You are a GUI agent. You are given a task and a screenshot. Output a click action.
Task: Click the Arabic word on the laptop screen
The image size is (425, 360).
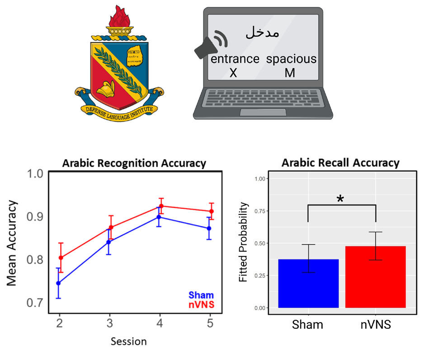coord(262,32)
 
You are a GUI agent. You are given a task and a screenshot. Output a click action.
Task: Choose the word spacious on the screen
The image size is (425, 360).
coord(291,59)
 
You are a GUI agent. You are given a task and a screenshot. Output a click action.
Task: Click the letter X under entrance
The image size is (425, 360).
coord(233,73)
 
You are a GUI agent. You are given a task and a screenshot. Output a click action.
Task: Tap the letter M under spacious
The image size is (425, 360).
coord(290,73)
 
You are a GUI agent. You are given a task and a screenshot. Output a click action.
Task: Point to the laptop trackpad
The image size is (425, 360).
coord(262,112)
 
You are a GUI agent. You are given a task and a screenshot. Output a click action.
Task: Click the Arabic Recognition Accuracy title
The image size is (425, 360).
coord(134,163)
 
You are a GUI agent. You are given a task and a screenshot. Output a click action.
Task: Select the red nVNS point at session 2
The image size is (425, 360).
coord(60,258)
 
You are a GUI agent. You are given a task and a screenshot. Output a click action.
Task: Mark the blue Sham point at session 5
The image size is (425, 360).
coord(209,228)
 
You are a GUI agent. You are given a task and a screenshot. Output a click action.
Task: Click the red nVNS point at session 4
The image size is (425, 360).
coord(161,206)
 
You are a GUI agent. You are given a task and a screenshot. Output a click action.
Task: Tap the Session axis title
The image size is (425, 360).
coord(129,341)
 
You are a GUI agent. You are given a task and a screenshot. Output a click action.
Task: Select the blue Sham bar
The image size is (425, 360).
coord(308,283)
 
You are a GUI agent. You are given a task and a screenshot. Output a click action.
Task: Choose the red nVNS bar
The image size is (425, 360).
coord(376,276)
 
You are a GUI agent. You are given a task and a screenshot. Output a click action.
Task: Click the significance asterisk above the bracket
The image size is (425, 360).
coord(340,199)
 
